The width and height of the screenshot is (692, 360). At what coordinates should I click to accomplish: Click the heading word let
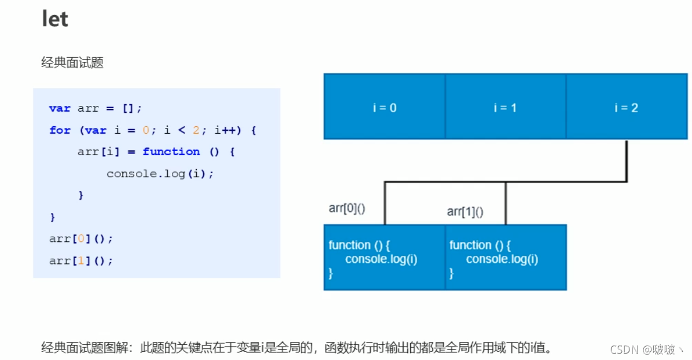tap(55, 19)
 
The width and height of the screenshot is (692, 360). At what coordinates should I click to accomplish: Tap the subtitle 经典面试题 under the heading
tap(72, 63)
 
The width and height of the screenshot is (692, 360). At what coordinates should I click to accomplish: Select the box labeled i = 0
tap(384, 108)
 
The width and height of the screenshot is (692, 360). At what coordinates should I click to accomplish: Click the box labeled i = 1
tap(505, 108)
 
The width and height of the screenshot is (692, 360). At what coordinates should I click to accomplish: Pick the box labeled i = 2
tap(626, 108)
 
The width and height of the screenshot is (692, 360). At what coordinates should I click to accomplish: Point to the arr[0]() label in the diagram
tap(347, 208)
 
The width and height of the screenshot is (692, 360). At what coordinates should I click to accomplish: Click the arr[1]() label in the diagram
tap(465, 212)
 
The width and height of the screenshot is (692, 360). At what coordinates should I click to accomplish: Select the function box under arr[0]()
tap(384, 258)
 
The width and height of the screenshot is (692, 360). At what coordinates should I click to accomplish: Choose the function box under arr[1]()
tap(505, 258)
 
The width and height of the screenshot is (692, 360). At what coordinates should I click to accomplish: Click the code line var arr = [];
tap(95, 108)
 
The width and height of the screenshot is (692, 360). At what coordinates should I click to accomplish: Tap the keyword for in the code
tap(60, 130)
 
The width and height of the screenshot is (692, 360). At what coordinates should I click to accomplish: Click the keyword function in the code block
tap(171, 152)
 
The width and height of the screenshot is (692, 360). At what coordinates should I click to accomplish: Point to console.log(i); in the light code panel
tap(160, 174)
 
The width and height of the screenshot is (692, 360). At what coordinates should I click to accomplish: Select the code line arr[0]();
tap(81, 238)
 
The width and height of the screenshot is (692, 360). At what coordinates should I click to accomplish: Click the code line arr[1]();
tap(81, 260)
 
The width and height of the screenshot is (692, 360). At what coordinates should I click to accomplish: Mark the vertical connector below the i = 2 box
tap(626, 160)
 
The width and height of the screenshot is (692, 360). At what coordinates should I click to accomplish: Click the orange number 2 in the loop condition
tap(196, 130)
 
